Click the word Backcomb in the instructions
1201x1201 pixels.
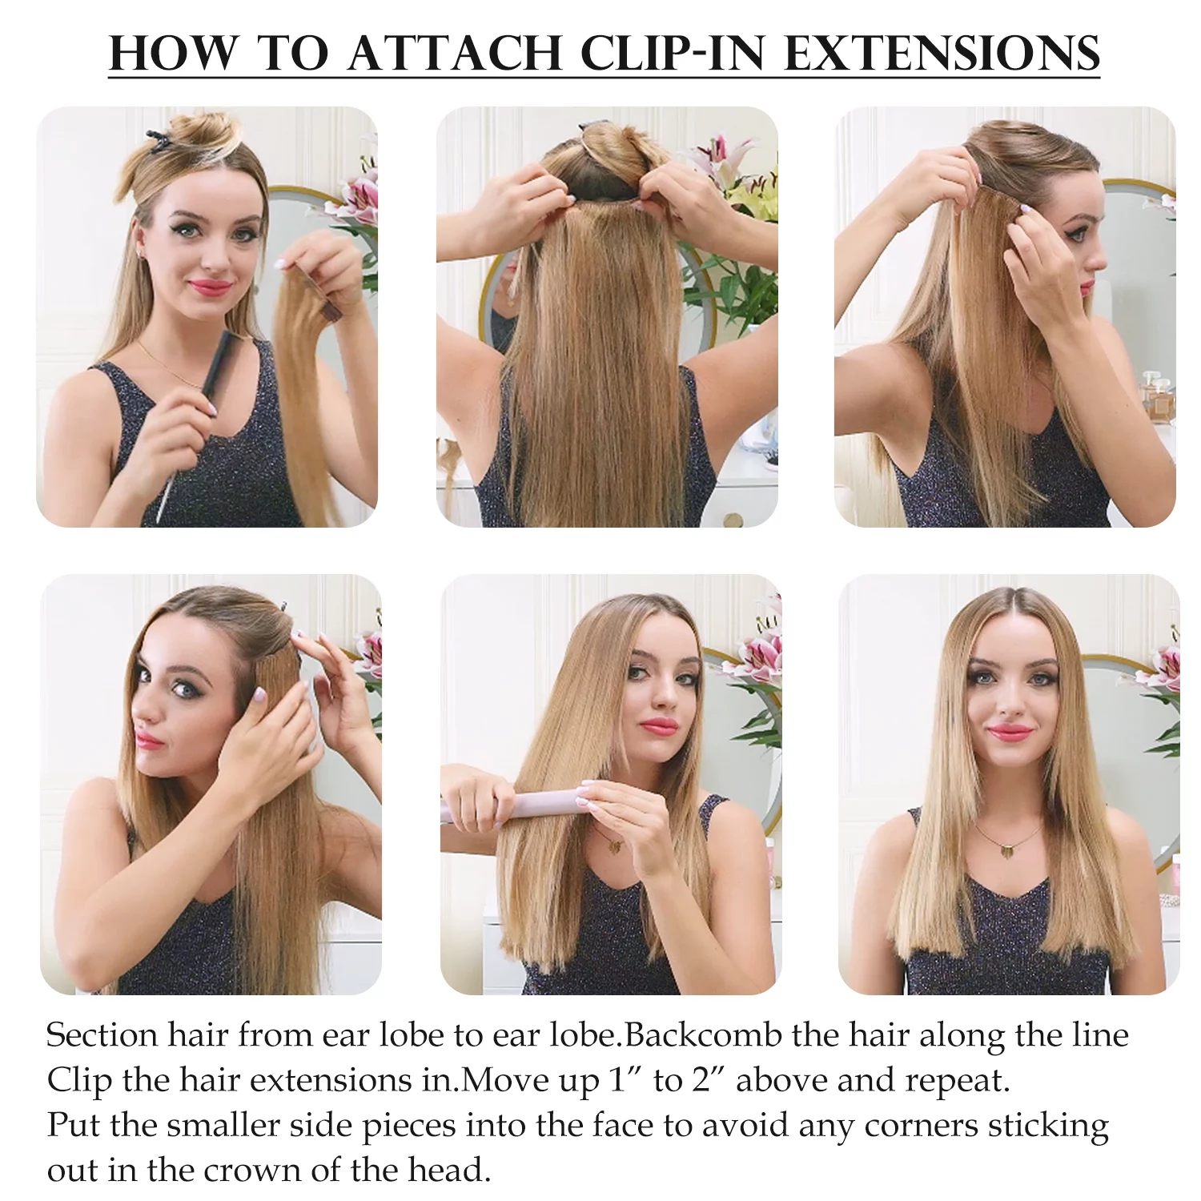coord(703,1035)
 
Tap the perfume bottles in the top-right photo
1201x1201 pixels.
coord(1158,396)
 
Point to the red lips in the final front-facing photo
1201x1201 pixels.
coord(1010,733)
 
